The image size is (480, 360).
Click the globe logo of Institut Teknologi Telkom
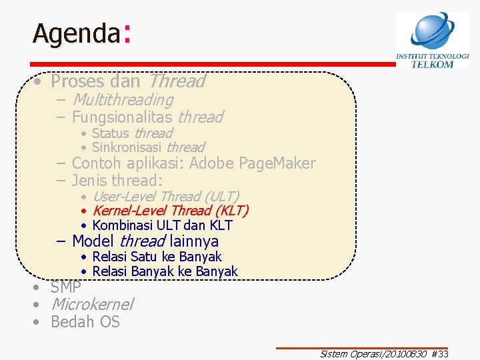coord(432,31)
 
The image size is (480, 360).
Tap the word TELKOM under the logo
coord(432,64)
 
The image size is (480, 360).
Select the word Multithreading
coord(122,100)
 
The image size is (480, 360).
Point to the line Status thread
coord(131,133)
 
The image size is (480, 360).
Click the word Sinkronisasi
coord(127,147)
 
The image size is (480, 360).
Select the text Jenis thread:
coord(117,180)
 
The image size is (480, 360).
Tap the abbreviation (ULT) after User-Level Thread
coord(221,197)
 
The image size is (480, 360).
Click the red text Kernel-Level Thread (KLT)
coord(170,211)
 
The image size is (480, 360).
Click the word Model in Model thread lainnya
coord(93,241)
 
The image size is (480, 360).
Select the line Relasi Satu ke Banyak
coord(157,257)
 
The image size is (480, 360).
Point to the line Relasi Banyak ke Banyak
coord(165,271)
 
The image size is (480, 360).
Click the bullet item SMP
coord(65,288)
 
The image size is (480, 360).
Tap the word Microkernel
coord(92,305)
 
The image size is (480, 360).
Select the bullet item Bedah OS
coord(85,322)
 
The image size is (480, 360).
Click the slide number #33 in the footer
coord(440,354)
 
